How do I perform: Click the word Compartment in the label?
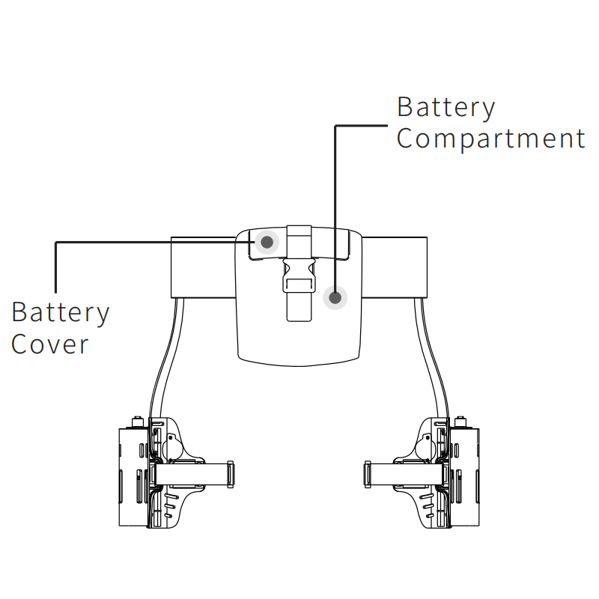490,139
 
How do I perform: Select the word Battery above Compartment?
446,107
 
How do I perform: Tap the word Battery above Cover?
61,312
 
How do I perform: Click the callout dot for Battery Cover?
266,241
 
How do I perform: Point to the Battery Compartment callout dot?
335,298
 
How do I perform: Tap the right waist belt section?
395,267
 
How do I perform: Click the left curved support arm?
166,359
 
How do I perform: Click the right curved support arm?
433,359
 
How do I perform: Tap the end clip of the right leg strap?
368,475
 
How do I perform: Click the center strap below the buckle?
299,307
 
